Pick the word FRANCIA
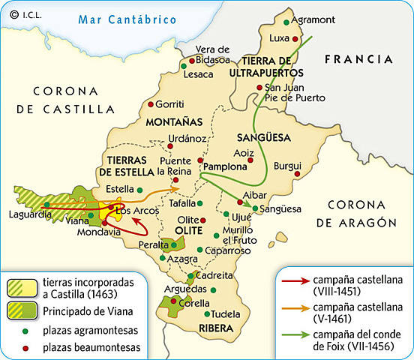(x=358, y=58)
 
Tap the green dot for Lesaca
(x=184, y=66)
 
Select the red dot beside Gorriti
(x=151, y=104)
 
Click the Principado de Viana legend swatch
(x=21, y=308)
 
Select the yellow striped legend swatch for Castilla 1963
(x=21, y=286)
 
